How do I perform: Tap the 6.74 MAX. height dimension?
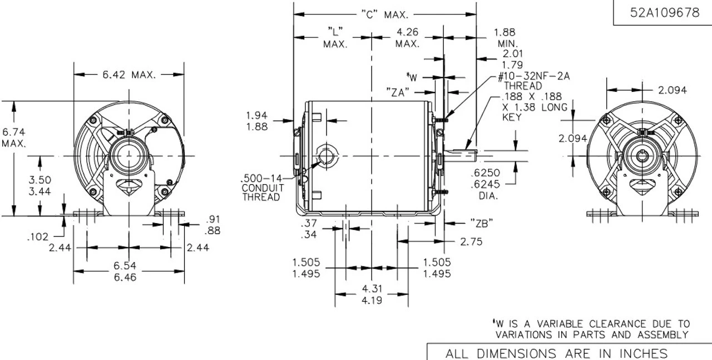(13, 138)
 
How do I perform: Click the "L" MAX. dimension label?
(335, 37)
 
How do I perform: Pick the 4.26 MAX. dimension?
(408, 37)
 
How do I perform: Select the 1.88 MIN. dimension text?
(505, 37)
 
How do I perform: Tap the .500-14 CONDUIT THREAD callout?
(263, 188)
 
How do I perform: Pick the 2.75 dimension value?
(472, 241)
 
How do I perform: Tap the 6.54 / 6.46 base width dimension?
(128, 271)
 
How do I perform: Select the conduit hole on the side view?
(324, 155)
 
